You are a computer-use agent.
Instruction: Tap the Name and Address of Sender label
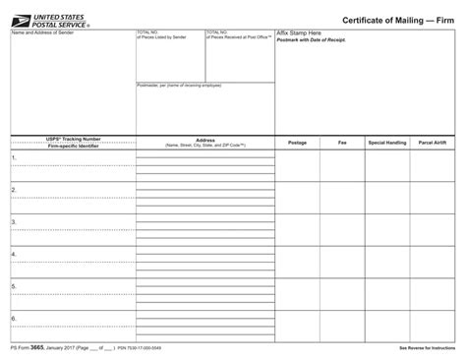coord(41,32)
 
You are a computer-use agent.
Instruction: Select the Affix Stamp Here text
coord(299,33)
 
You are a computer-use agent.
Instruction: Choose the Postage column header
coord(298,143)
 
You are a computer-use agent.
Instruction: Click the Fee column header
coord(342,143)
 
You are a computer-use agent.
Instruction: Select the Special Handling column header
coord(387,143)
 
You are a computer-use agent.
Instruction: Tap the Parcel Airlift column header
coord(433,143)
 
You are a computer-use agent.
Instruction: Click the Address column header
coord(205,142)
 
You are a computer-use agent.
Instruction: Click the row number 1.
coord(14,157)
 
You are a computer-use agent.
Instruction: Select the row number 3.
coord(14,221)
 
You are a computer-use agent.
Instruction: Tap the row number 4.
coord(14,254)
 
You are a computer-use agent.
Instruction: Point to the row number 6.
coord(14,318)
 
